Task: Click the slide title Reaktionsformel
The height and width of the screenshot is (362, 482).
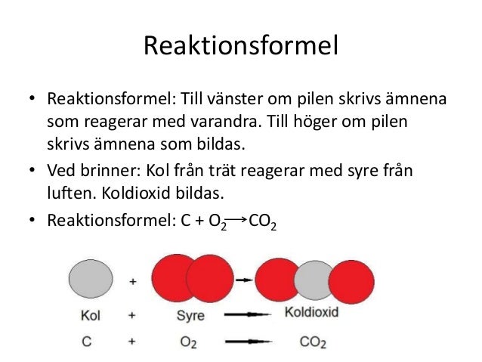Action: (240, 48)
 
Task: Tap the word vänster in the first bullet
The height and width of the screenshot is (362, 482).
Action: (247, 101)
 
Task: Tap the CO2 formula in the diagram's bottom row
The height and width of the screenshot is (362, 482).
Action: (312, 342)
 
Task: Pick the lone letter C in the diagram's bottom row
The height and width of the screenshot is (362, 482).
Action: (88, 342)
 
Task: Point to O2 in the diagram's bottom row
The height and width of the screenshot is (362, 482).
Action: (190, 342)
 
